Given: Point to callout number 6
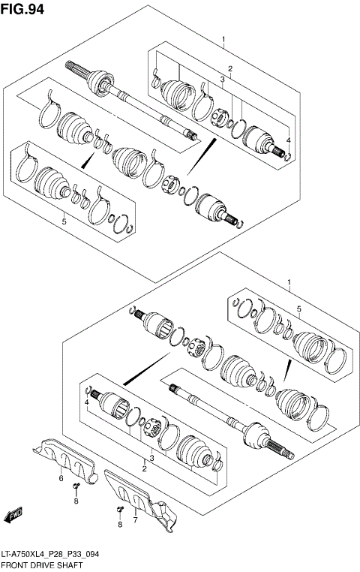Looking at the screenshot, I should click(x=61, y=478).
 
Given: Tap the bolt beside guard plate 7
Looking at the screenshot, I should click(x=120, y=512).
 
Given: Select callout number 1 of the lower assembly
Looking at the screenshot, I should click(x=289, y=283).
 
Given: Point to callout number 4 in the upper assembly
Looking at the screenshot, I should click(x=287, y=140).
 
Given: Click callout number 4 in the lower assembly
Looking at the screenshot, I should click(x=87, y=402).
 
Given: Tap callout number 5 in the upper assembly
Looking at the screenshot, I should click(x=64, y=221).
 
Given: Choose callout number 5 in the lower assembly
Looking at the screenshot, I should click(x=298, y=309).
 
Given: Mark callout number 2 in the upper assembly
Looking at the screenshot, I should click(x=230, y=68).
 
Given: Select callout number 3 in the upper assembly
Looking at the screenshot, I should click(x=223, y=79).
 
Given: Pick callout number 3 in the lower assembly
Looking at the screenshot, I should click(x=152, y=458).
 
